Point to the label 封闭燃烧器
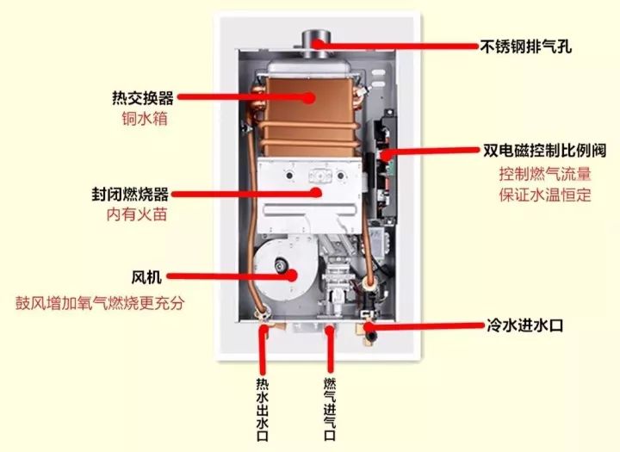(x=135, y=194)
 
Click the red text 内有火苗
(x=135, y=214)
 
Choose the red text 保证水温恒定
(x=544, y=195)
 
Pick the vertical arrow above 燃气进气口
(x=329, y=353)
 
